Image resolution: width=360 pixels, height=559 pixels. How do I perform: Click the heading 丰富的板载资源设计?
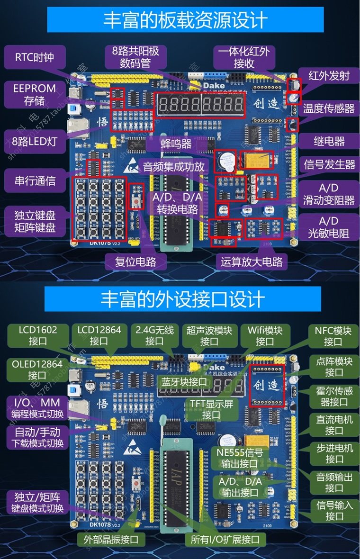click(185, 20)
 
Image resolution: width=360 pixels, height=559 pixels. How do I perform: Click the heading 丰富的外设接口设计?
click(182, 299)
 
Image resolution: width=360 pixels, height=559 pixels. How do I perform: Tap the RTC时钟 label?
click(35, 57)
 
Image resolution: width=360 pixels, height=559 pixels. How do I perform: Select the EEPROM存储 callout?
click(35, 94)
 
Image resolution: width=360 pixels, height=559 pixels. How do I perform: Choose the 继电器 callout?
click(329, 141)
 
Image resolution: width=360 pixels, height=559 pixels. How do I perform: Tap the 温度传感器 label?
click(329, 108)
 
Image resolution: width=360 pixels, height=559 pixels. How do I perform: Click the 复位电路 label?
click(135, 261)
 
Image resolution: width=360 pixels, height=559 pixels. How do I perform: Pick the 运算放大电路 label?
click(252, 261)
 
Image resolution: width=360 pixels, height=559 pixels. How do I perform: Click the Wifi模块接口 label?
click(265, 336)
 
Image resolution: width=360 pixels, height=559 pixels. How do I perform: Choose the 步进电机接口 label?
click(334, 453)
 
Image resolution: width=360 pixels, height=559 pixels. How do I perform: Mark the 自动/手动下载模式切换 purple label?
click(37, 438)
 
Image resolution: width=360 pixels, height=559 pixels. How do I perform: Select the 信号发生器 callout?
click(329, 164)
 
